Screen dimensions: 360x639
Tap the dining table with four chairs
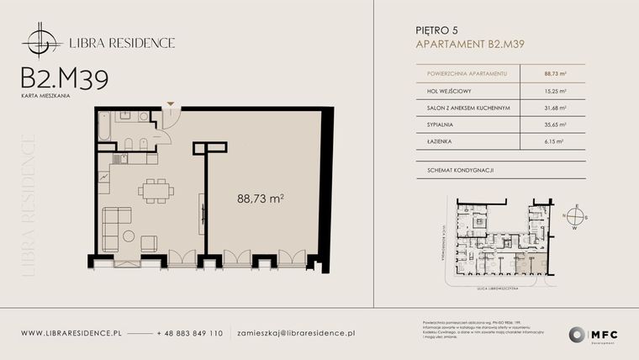[153, 192]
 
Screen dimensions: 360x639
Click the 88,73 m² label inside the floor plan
[260, 199]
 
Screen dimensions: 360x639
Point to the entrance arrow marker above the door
[171, 104]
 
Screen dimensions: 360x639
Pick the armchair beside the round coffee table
[149, 244]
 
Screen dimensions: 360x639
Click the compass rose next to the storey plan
[576, 215]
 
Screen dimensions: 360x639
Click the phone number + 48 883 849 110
[190, 333]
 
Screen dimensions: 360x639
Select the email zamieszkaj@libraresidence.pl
[296, 333]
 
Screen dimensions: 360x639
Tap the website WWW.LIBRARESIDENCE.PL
[71, 333]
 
